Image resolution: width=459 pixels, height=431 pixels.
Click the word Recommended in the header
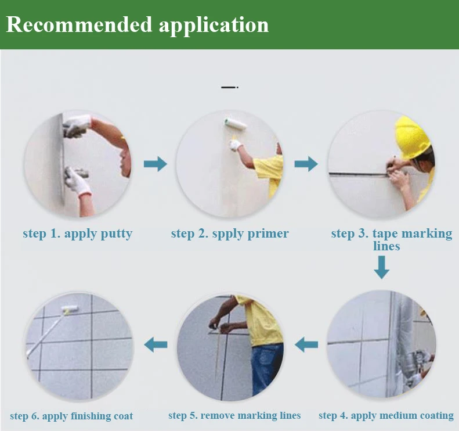tap(79, 24)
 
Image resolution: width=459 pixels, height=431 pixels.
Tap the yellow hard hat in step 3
tap(412, 137)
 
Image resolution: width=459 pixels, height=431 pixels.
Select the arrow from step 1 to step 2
tap(156, 163)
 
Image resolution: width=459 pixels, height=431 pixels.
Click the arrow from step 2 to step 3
tap(306, 163)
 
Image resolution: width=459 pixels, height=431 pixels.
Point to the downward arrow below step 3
tap(381, 267)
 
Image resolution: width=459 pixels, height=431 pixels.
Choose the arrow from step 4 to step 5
tap(306, 344)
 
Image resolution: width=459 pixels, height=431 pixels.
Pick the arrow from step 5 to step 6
tap(156, 344)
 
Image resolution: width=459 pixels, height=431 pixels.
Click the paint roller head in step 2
tap(236, 124)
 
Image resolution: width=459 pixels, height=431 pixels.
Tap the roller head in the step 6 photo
tap(70, 310)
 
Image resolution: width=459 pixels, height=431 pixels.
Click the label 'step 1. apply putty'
tap(78, 234)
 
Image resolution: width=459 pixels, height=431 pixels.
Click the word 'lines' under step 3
tap(386, 246)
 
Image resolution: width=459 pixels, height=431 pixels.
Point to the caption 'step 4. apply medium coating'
tap(386, 416)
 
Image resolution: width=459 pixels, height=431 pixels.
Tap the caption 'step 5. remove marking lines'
tap(234, 415)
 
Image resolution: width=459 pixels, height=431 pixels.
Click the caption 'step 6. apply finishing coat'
tap(71, 416)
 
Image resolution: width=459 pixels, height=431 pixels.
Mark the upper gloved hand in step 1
tap(77, 125)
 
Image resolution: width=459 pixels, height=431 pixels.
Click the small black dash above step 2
tap(230, 87)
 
